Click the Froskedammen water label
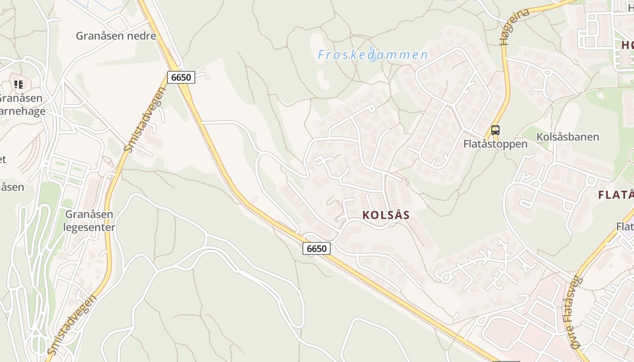pyautogui.click(x=373, y=55)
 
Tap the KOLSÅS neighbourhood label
pyautogui.click(x=386, y=215)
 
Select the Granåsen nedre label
pyautogui.click(x=116, y=36)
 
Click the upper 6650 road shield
pyautogui.click(x=181, y=77)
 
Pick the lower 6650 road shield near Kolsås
pyautogui.click(x=317, y=248)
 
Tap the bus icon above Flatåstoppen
pyautogui.click(x=495, y=130)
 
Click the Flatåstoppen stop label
pyautogui.click(x=495, y=144)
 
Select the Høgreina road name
pyautogui.click(x=514, y=27)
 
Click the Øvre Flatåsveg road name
pyautogui.click(x=573, y=312)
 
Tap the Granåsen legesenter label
pyautogui.click(x=89, y=220)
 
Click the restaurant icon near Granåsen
pyautogui.click(x=18, y=84)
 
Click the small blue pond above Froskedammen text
pyautogui.click(x=372, y=48)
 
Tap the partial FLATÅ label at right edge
pyautogui.click(x=616, y=195)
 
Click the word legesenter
pyautogui.click(x=89, y=227)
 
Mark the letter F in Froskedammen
pyautogui.click(x=322, y=55)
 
